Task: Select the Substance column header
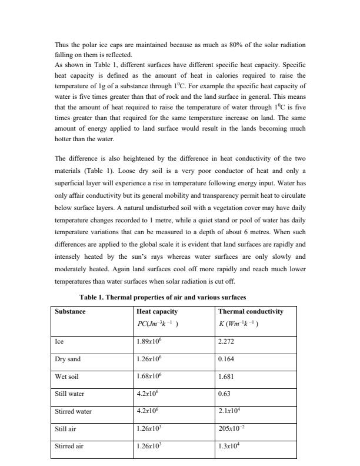click(70, 311)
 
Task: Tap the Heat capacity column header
click(156, 311)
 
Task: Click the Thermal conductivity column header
click(250, 311)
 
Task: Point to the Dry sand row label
click(67, 358)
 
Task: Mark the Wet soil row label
click(66, 376)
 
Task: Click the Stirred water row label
click(73, 411)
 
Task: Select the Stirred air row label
click(69, 447)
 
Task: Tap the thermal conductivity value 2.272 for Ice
click(226, 341)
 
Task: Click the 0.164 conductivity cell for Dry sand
click(226, 358)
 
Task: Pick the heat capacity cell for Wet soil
click(149, 376)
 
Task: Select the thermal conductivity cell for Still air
click(230, 429)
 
